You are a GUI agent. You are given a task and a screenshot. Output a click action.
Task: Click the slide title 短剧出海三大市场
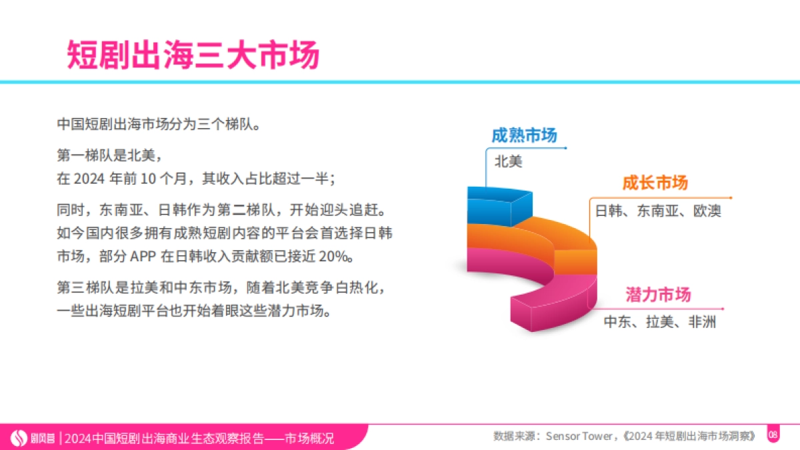click(193, 55)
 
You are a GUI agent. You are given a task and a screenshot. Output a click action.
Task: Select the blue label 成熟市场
click(524, 135)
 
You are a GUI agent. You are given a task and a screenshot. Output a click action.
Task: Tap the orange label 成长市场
click(655, 183)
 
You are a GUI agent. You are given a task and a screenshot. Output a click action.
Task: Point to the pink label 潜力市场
click(658, 295)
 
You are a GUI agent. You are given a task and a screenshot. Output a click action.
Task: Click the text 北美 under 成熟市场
click(508, 161)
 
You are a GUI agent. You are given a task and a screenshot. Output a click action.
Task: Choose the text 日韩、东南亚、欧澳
click(657, 211)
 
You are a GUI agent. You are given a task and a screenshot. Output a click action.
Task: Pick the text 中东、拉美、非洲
click(660, 323)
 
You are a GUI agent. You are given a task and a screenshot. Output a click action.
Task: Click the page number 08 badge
click(773, 435)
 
